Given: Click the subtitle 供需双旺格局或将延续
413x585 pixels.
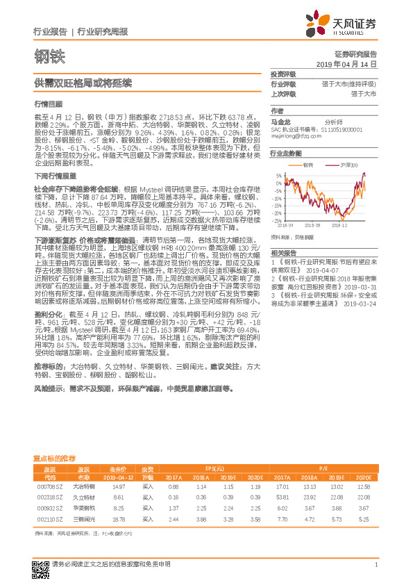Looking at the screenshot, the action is tap(74, 82).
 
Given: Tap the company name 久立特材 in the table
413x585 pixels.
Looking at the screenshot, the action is tap(84, 497).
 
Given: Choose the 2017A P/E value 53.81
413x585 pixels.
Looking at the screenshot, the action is tap(283, 497).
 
